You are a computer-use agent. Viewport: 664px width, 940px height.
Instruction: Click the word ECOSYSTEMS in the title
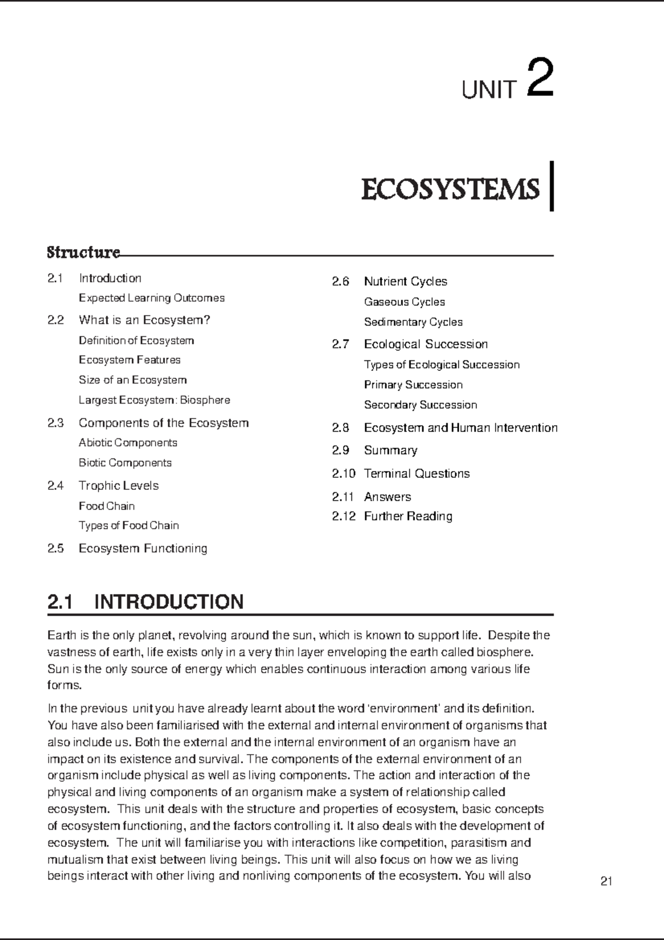coord(450,190)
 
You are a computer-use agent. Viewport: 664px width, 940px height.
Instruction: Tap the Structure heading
coord(83,253)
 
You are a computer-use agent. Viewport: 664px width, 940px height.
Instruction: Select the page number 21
coord(606,882)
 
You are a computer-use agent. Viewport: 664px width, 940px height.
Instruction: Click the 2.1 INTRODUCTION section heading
coord(146,602)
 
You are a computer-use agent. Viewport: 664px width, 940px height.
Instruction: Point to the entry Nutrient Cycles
coord(406,282)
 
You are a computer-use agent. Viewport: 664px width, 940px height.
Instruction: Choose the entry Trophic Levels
coord(118,486)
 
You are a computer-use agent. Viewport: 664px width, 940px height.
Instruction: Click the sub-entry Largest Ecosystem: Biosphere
coord(154,400)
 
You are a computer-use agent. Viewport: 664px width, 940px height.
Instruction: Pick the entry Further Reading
coord(408,517)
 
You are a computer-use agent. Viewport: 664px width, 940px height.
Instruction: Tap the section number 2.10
coord(344,474)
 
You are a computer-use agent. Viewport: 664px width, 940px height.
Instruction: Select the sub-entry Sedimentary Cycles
coord(413,322)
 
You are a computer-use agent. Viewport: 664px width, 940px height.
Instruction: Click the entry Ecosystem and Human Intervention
coord(460,428)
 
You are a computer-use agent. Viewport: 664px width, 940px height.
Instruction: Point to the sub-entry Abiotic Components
coord(128,443)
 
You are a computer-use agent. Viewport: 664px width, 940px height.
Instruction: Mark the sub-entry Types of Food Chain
coord(128,525)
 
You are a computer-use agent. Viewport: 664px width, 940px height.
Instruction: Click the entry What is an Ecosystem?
coord(144,320)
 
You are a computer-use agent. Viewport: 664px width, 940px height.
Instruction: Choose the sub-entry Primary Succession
coord(413,385)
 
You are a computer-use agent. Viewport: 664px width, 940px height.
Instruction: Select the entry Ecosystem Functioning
coord(143,549)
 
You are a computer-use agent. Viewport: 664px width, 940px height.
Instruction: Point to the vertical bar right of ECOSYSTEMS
coord(551,187)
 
